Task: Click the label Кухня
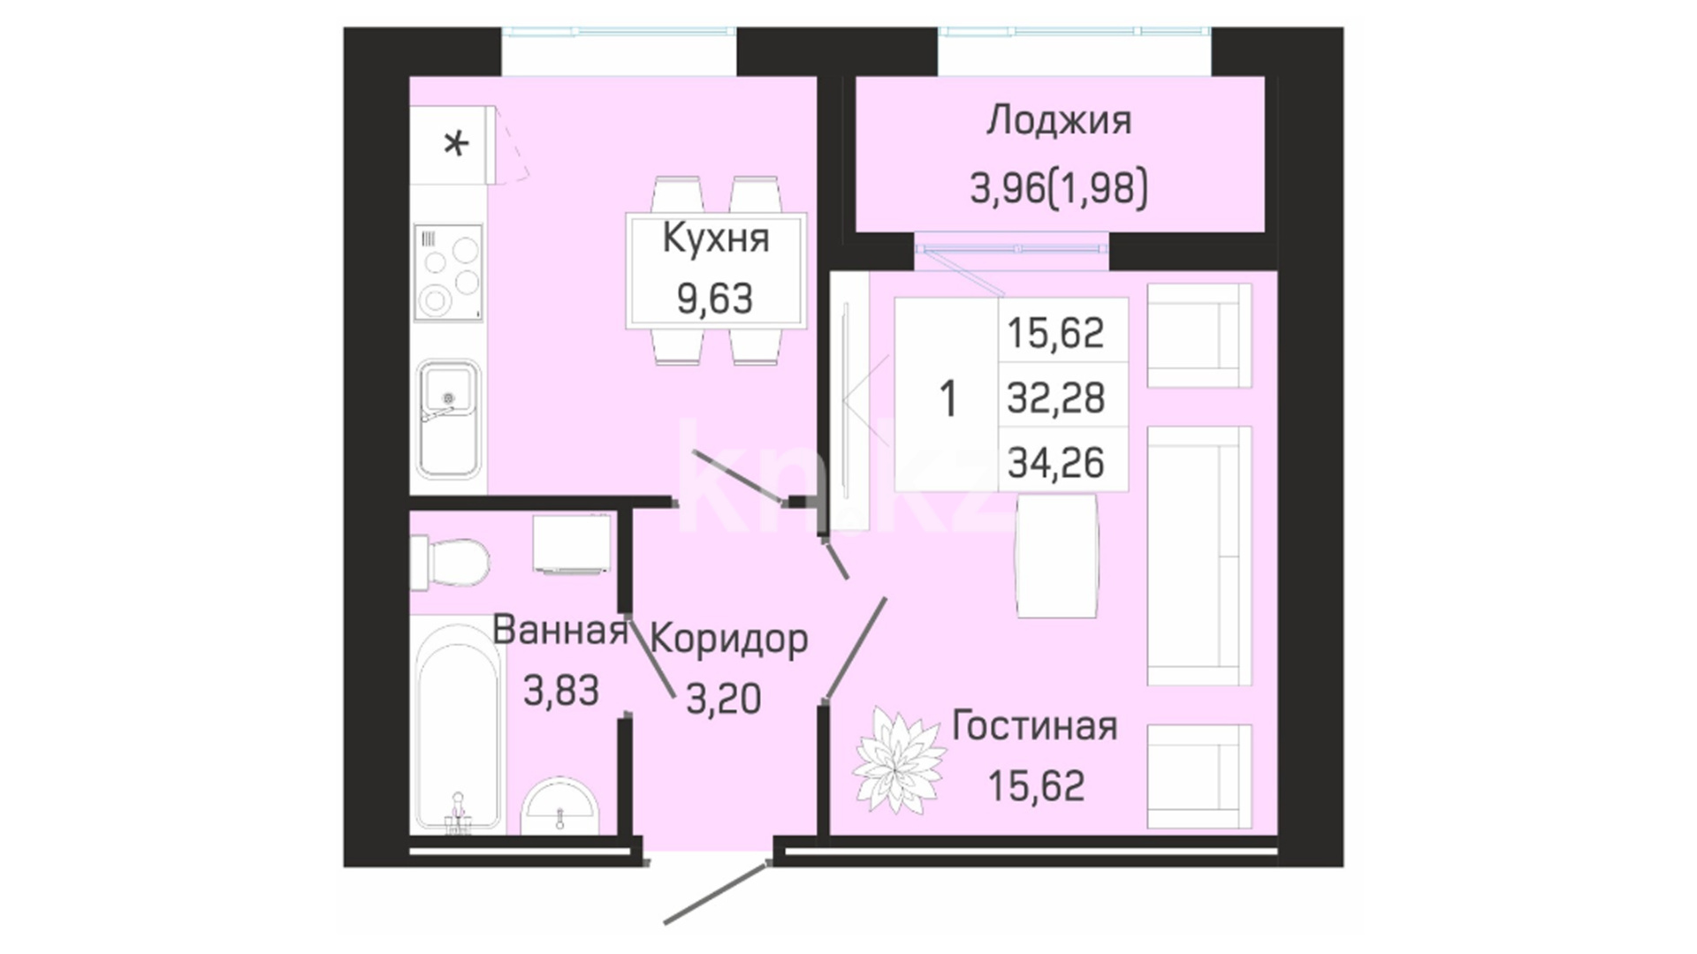[715, 238]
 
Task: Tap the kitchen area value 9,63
[715, 299]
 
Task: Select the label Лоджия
[1059, 121]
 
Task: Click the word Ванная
[559, 630]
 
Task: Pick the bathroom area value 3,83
[561, 690]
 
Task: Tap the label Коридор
[729, 640]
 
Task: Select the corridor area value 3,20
[723, 700]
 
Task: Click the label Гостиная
[1035, 726]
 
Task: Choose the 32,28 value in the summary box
[1056, 397]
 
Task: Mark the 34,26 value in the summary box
[1056, 462]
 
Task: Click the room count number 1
[948, 398]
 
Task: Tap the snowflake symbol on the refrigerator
[456, 143]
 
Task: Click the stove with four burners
[449, 272]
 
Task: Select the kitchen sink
[449, 419]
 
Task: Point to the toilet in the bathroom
[450, 563]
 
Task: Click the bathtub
[458, 726]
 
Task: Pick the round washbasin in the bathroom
[559, 806]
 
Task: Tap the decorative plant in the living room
[899, 760]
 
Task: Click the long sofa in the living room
[1199, 556]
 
